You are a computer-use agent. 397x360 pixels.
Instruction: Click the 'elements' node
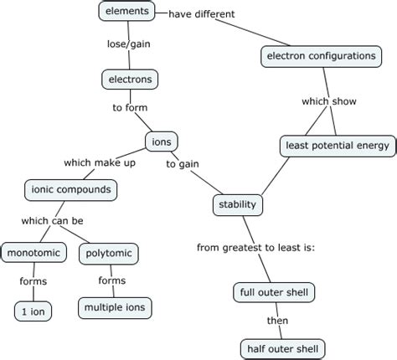point(127,12)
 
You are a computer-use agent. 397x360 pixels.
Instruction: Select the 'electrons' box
point(129,80)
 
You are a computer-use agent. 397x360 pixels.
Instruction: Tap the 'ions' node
point(161,141)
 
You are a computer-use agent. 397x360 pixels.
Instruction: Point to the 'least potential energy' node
point(335,146)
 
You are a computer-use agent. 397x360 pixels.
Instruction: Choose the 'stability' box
point(238,204)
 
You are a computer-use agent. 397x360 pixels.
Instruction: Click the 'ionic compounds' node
point(70,189)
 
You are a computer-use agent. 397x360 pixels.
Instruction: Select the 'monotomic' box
point(31,252)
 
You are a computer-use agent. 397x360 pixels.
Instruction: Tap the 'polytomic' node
point(109,252)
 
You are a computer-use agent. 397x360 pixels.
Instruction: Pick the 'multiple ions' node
point(116,307)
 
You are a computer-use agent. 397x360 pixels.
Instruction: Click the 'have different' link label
point(202,14)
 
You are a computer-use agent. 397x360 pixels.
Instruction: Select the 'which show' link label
point(329,101)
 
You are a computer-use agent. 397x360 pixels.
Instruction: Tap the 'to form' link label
point(130,108)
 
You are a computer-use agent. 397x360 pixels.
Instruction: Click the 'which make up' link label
point(100,162)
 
